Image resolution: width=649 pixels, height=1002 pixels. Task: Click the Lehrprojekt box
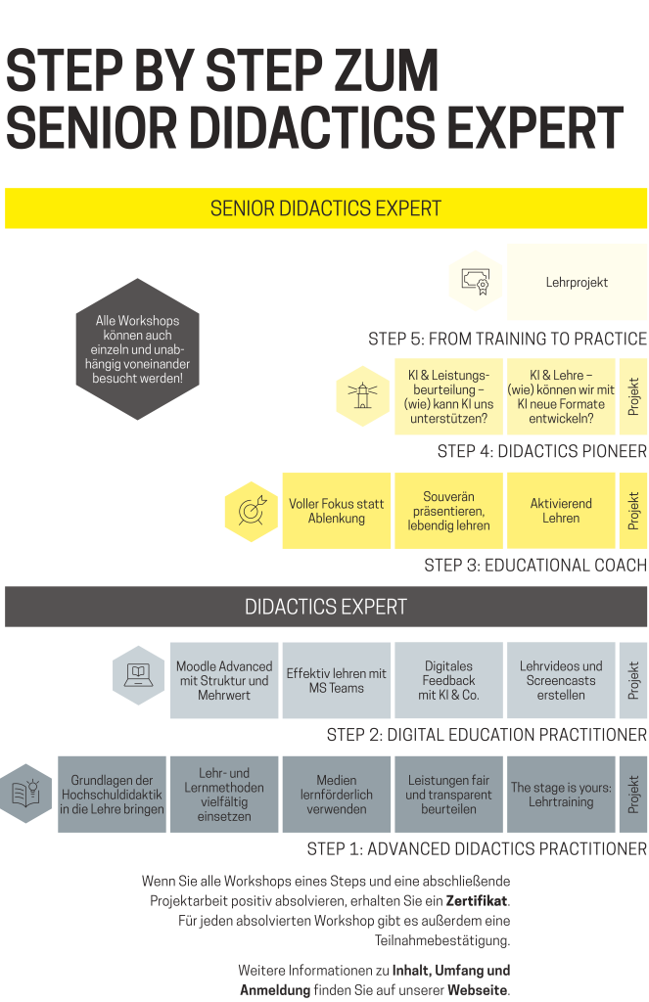tap(577, 282)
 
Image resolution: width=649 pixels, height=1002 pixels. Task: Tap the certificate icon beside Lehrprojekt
tap(475, 281)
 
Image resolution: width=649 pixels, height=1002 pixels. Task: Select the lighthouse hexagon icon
tap(362, 396)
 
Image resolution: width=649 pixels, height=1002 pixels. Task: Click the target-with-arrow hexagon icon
tap(252, 511)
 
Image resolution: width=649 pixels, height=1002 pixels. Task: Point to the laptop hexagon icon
tap(139, 675)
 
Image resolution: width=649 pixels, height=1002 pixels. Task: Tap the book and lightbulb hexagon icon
tap(26, 793)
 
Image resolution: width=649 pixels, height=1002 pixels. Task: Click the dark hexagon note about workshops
tap(137, 349)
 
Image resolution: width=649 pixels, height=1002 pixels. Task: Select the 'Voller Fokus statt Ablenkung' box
tap(337, 511)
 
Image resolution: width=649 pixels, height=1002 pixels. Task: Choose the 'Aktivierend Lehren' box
tap(561, 511)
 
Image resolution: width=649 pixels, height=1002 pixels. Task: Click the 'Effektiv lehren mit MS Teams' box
tap(337, 680)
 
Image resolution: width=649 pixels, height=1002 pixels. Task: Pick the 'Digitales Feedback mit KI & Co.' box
tap(449, 680)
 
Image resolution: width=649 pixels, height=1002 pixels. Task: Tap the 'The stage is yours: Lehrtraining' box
tap(561, 795)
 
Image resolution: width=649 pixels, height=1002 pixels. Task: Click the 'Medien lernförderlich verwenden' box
tap(337, 795)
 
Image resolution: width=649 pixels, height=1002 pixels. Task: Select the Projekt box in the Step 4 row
tap(633, 396)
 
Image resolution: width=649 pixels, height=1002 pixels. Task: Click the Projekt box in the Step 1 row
tap(633, 795)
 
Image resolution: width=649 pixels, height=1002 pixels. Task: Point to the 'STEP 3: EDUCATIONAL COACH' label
tap(535, 566)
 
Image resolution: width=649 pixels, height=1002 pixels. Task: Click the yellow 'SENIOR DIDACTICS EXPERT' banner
tap(326, 208)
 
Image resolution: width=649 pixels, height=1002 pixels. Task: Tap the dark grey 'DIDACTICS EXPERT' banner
tap(326, 607)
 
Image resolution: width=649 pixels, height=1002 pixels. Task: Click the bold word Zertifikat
tap(477, 901)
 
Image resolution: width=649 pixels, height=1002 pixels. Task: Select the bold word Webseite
tap(478, 990)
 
